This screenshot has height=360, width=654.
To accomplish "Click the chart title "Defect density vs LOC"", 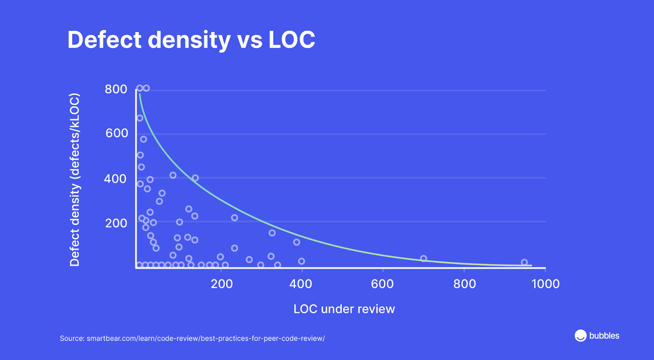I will tap(191, 40).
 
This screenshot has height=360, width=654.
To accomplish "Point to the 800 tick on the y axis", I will tap(116, 89).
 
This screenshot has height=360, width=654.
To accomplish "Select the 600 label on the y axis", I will tap(117, 133).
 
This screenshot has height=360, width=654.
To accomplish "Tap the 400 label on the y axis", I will tap(115, 179).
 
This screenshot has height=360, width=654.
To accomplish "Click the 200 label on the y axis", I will tap(116, 223).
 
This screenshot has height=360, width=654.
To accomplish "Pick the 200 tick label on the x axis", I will tap(222, 284).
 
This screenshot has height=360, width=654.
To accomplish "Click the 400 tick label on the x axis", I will tap(301, 284).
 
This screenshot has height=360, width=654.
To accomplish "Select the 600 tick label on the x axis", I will tap(382, 284).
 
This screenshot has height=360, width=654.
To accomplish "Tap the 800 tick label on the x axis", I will tap(465, 284).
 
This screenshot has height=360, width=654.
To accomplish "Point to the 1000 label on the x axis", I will tap(545, 284).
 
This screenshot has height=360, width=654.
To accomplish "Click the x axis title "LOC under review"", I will tap(344, 309).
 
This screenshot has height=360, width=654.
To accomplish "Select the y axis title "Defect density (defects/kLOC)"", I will tap(75, 180).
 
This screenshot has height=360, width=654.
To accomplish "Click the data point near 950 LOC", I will tap(524, 262).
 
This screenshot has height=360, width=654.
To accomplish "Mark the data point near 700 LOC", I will tap(423, 259).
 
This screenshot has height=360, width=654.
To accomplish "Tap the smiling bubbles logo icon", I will tap(580, 335).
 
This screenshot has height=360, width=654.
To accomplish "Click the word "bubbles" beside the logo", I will tap(604, 336).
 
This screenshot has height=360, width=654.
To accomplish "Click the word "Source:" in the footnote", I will tap(72, 338).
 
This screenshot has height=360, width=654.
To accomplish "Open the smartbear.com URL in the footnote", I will tap(206, 338).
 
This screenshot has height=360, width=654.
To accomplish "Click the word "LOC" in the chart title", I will tap(292, 40).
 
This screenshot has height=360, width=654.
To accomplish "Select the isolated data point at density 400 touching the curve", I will tap(195, 178).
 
